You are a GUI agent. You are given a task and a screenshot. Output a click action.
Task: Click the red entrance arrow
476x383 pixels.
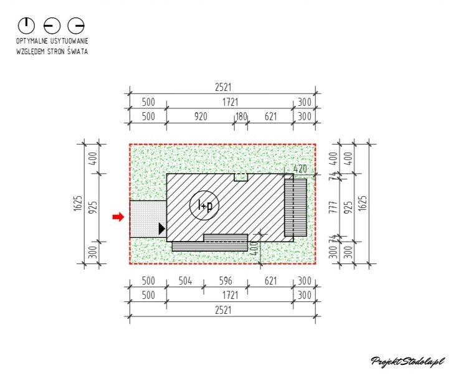click(x=118, y=217)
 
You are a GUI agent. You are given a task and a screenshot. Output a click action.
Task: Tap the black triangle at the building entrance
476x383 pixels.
click(x=162, y=229)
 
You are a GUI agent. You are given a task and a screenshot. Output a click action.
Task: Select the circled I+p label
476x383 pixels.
click(x=204, y=206)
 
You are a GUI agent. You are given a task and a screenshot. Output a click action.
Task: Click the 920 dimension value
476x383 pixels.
click(x=201, y=116)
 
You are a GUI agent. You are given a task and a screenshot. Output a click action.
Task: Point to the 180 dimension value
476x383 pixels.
click(x=241, y=116)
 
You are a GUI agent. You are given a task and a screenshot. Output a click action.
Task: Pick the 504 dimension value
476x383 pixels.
click(x=185, y=281)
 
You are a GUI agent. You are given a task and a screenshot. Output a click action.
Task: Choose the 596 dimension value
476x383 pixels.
click(x=226, y=281)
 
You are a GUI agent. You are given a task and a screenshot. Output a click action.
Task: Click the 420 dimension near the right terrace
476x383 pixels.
click(x=300, y=169)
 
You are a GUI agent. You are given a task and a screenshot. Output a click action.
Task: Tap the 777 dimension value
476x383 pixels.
click(x=333, y=207)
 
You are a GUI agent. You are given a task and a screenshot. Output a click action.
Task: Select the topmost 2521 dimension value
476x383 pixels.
click(x=223, y=87)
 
